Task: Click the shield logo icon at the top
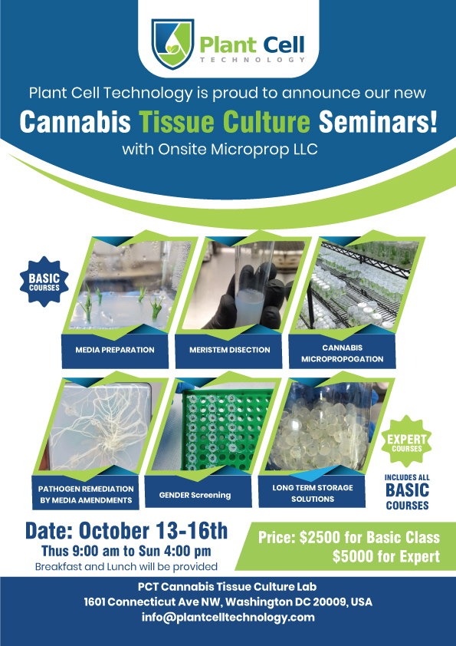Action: pos(173,44)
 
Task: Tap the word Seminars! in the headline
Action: pos(378,122)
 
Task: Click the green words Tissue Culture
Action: pos(225,122)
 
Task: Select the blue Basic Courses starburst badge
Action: pos(44,282)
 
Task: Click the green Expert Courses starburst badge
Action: pos(407,442)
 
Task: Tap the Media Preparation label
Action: pos(115,351)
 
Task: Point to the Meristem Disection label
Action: pos(230,351)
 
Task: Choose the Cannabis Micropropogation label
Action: pos(342,353)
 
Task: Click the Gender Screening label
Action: pos(195,495)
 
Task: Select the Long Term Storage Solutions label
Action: pos(313,493)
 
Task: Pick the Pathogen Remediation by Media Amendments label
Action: pos(86,494)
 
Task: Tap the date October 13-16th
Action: pos(153,532)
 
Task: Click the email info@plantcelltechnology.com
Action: pos(228,617)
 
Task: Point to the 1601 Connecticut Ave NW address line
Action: pos(228,602)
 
